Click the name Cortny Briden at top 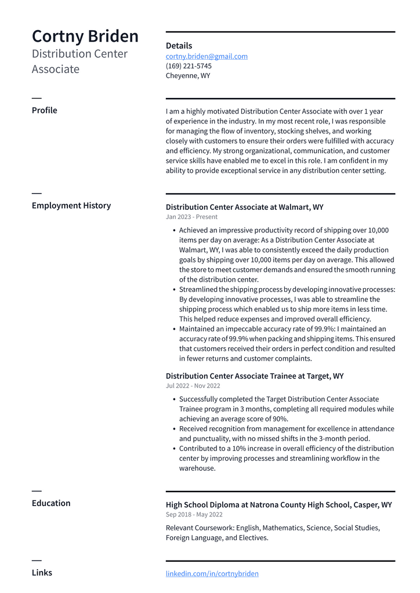(x=85, y=36)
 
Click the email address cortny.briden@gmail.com (x=207, y=56)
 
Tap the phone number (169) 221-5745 (x=189, y=66)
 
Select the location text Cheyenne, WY (x=188, y=76)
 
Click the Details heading (x=179, y=46)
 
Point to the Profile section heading (x=45, y=110)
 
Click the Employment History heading (x=71, y=205)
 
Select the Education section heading (x=51, y=503)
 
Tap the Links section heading (x=42, y=573)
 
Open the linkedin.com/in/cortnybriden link (x=212, y=573)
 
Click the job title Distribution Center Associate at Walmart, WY (x=244, y=207)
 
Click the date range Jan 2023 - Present (x=191, y=217)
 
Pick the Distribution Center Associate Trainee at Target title (x=254, y=376)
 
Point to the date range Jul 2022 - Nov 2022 (x=193, y=386)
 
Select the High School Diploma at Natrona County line (x=278, y=505)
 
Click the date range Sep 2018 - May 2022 (x=194, y=515)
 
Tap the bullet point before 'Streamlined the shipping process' (x=174, y=290)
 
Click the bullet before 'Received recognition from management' (x=174, y=430)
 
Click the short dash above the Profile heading (x=37, y=97)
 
